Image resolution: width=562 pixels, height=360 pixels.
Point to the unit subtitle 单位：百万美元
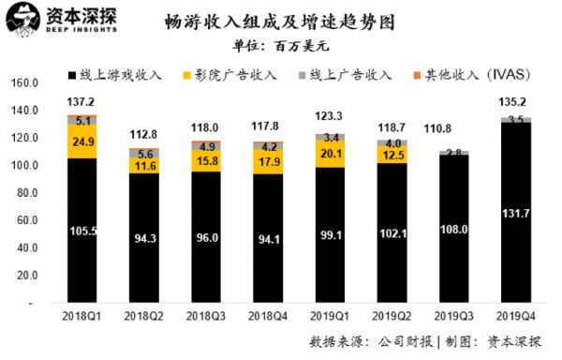[282, 44]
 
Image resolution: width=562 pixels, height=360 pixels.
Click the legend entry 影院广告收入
[230, 72]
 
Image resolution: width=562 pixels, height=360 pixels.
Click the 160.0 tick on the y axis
[21, 82]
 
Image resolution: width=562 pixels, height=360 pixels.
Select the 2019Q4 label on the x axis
[514, 318]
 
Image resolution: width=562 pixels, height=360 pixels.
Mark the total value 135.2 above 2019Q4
[514, 101]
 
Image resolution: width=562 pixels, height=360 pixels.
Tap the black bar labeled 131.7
[514, 214]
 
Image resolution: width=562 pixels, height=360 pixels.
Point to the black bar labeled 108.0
[452, 229]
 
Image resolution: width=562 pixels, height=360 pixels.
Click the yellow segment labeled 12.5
[392, 154]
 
